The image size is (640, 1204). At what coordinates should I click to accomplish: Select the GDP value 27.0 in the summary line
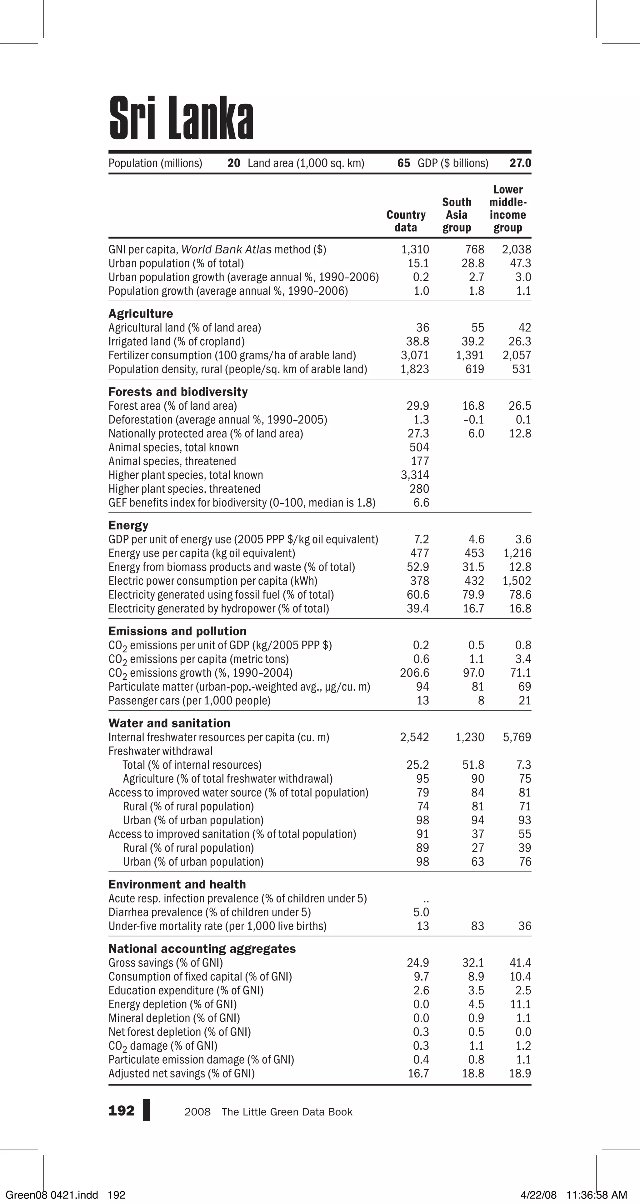(520, 163)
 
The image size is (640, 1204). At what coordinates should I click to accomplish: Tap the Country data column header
(406, 221)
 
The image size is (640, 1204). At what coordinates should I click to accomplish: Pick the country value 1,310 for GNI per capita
(415, 250)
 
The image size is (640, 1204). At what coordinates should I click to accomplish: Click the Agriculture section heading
(140, 314)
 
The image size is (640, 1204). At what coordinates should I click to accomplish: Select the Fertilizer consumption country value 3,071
(415, 355)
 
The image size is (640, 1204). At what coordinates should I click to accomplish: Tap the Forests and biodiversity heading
(177, 392)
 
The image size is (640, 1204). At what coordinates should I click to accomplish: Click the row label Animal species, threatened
(172, 461)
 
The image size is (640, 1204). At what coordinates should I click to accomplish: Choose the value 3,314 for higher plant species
(415, 475)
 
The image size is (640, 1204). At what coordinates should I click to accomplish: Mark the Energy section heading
(128, 525)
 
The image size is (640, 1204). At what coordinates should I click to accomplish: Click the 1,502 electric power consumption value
(517, 581)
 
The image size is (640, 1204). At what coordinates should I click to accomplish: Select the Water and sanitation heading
(169, 723)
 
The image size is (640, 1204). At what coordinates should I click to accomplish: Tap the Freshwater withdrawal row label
(160, 751)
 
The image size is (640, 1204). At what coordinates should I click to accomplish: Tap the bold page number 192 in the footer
(121, 1111)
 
